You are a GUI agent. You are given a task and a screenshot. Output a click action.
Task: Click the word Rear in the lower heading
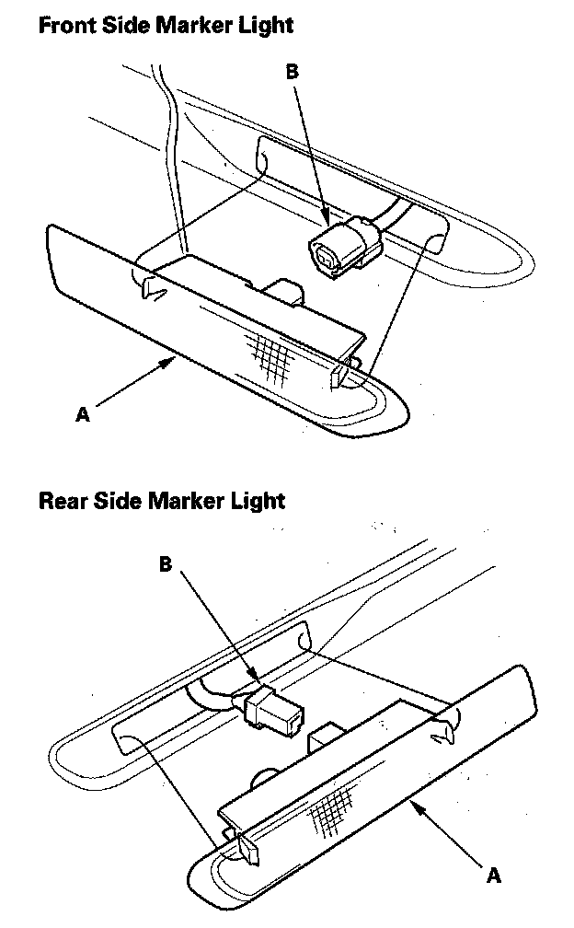click(x=62, y=502)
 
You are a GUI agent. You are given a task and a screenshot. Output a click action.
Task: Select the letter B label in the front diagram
click(x=293, y=71)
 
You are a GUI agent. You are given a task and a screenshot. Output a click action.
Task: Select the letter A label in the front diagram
click(x=83, y=415)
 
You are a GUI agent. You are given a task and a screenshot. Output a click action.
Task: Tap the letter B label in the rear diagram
click(x=166, y=564)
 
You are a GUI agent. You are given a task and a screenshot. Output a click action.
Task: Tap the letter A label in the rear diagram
click(x=494, y=876)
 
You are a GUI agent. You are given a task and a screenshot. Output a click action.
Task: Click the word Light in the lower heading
click(x=260, y=502)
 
